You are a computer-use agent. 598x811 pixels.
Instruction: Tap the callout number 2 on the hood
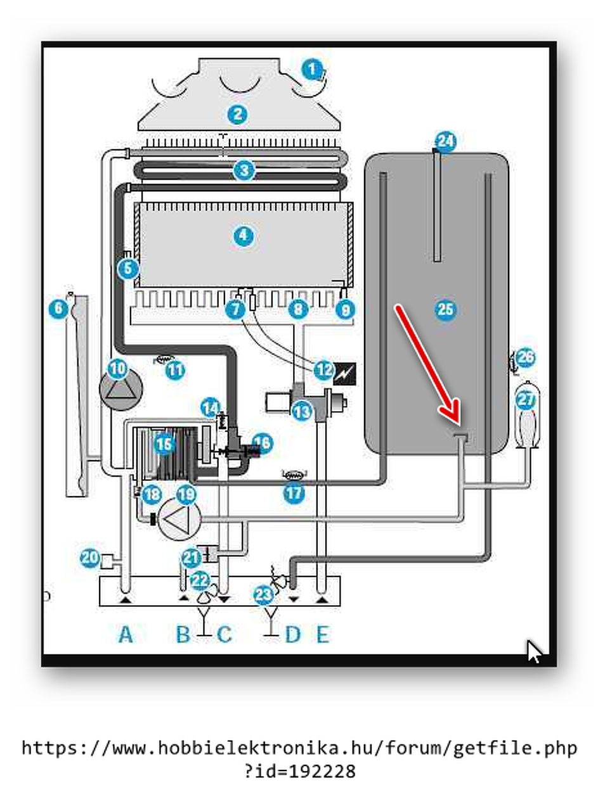point(237,115)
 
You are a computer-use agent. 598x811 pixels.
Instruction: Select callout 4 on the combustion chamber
point(243,236)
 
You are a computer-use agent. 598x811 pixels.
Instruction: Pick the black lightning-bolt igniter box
point(345,373)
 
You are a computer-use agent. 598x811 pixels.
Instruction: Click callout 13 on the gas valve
point(302,411)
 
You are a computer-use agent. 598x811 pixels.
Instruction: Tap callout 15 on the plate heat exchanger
point(164,444)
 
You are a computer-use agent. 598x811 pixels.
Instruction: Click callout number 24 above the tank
point(446,142)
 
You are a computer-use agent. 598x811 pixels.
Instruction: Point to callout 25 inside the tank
point(446,309)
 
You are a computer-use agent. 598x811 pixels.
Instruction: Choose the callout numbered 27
point(526,400)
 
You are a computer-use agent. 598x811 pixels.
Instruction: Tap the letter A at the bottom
point(126,634)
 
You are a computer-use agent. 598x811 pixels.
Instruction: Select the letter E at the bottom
point(323,634)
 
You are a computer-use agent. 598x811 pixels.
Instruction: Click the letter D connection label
point(292,634)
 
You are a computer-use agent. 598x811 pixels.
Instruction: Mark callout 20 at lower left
point(89,558)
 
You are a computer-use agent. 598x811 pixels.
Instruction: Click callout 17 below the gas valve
point(294,494)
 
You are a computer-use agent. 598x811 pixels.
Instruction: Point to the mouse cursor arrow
point(535,651)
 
